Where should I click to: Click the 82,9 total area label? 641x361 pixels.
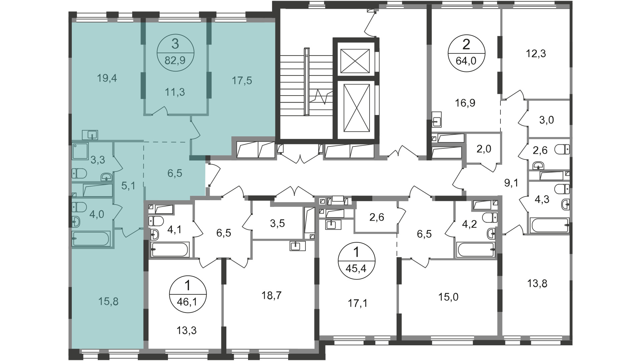coord(175,62)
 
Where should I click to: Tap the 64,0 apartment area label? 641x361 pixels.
coord(466,62)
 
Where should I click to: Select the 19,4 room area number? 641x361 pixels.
coord(107,79)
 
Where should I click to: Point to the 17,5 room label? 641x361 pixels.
coord(242,81)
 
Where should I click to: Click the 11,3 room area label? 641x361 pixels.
coord(175,92)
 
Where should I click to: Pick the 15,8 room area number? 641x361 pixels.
coord(109,302)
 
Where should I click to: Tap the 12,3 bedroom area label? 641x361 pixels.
coord(536,53)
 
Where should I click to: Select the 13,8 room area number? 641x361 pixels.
coord(537,284)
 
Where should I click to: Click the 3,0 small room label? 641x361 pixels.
coord(547,120)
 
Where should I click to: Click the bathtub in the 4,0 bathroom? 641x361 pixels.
coord(91,239)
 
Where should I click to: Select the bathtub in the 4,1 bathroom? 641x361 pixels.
coord(170,249)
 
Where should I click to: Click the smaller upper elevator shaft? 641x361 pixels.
coord(355,61)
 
